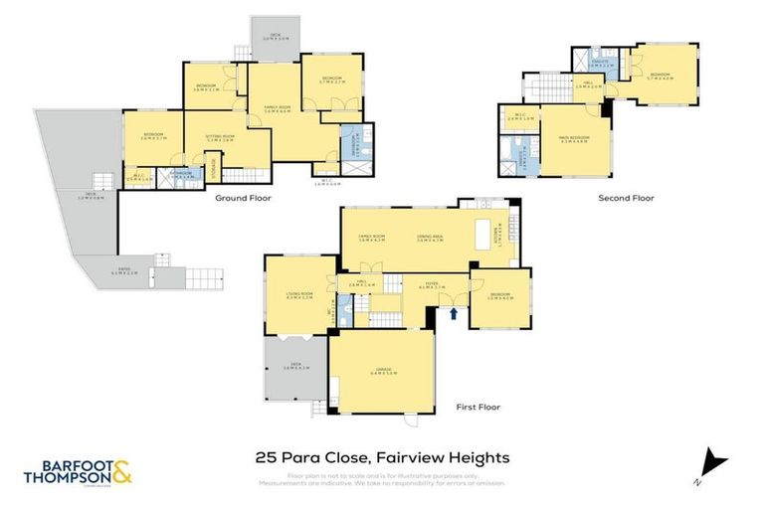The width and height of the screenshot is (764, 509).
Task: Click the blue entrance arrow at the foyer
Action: [455, 314]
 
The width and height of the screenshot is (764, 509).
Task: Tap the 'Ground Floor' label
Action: [244, 198]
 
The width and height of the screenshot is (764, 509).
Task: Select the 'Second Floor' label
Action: [626, 198]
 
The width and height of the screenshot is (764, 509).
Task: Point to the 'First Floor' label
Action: [479, 407]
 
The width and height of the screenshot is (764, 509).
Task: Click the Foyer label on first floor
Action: [425, 287]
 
